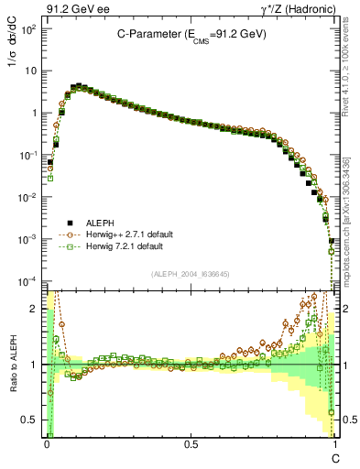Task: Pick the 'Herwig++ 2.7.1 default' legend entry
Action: click(128, 234)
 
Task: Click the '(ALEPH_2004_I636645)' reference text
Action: click(191, 273)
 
